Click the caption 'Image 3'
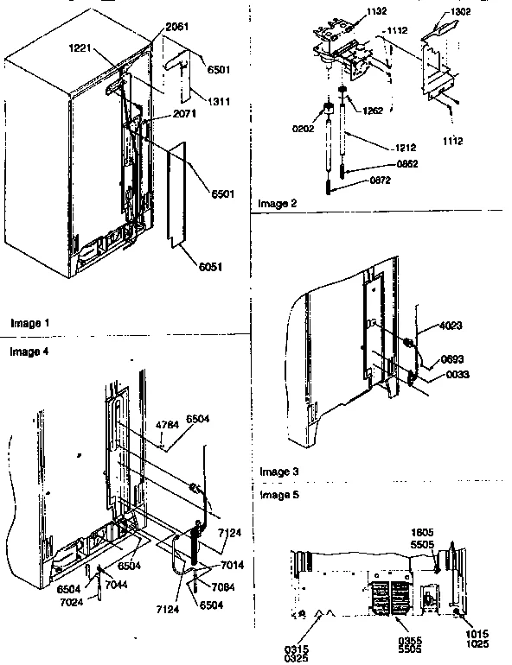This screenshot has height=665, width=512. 278,472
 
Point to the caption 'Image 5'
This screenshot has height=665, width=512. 278,496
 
